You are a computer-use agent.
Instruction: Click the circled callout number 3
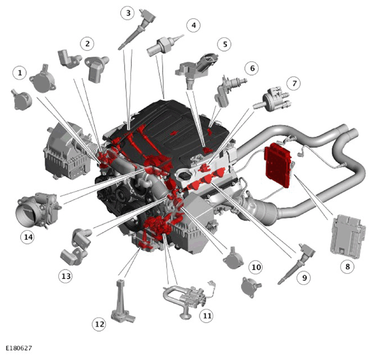pos(128,13)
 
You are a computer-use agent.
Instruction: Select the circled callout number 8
pos(347,267)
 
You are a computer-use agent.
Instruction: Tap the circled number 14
pos(28,237)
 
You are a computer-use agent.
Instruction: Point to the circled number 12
pos(99,324)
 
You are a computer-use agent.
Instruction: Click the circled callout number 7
pos(294,83)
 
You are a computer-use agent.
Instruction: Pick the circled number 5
pos(225,44)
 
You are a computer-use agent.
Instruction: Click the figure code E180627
pos(18,348)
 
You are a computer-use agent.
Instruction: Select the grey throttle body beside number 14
pos(38,209)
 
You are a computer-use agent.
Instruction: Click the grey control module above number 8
pos(347,236)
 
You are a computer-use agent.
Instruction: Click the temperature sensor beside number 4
pos(164,45)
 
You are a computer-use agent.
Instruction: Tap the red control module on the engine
pos(278,164)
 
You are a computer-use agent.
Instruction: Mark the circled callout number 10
pos(255,267)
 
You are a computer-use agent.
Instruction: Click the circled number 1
pos(20,73)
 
